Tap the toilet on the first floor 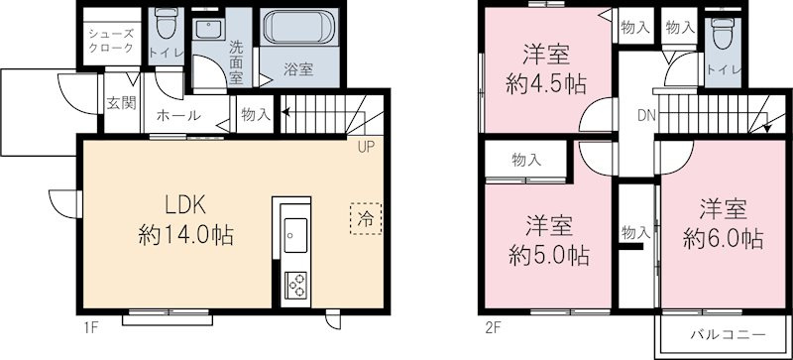pos(164,24)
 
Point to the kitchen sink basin pos(293,238)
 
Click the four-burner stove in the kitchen pos(294,285)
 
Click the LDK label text pos(184,206)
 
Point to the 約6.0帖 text pos(723,238)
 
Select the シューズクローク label pos(103,39)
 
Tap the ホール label pos(176,116)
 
